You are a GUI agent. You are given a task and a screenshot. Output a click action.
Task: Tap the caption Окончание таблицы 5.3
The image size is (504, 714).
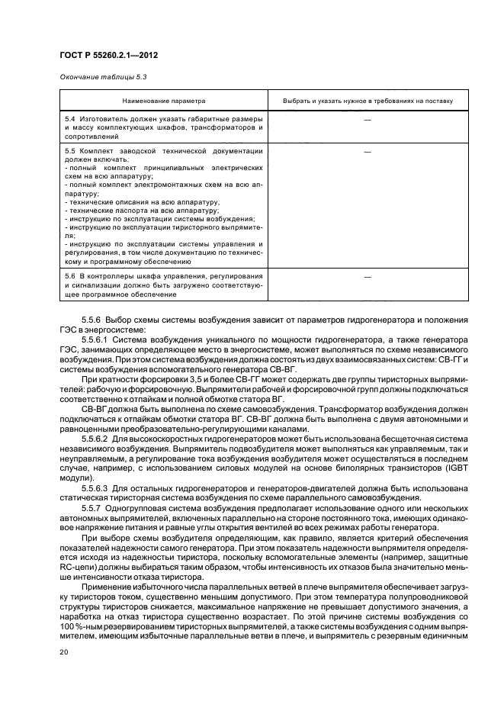(x=98, y=76)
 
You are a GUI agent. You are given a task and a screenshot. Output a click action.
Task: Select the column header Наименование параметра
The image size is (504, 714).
(x=163, y=100)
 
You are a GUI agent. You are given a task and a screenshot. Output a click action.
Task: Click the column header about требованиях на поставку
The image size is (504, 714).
(x=368, y=100)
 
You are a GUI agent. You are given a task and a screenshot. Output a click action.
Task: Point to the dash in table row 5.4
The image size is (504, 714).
(x=368, y=121)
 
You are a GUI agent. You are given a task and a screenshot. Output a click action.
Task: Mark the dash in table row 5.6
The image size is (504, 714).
(x=368, y=276)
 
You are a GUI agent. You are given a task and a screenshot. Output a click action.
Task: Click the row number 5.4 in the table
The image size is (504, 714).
(x=69, y=121)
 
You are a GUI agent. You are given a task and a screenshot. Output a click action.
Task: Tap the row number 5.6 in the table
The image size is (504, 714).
(x=69, y=276)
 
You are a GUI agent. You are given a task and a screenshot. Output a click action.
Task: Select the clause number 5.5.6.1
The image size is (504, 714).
(x=95, y=332)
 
